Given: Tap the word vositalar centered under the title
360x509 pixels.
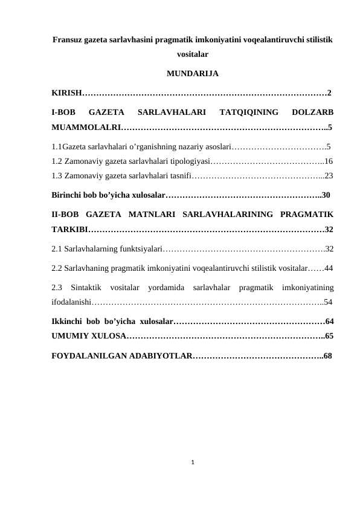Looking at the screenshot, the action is point(193,54).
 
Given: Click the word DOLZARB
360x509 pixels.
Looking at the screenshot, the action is point(312,112).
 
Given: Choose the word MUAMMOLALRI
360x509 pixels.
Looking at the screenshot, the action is point(85,128).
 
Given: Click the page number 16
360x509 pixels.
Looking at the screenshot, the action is point(329,161).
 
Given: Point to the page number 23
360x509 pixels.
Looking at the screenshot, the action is point(329,176).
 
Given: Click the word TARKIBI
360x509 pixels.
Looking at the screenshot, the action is point(69,230).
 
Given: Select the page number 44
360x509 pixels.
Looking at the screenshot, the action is point(329,267).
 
